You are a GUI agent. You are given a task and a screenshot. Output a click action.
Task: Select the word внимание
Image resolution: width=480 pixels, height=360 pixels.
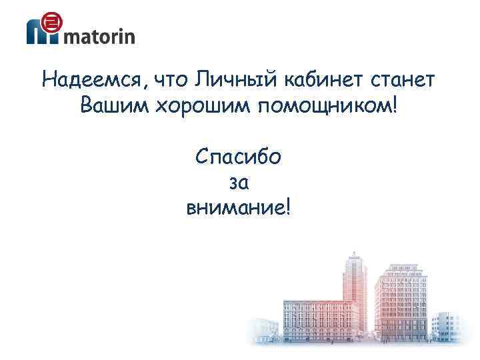[x=234, y=207]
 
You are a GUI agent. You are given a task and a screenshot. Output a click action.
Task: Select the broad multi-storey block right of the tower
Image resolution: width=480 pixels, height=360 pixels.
[x=400, y=300]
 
